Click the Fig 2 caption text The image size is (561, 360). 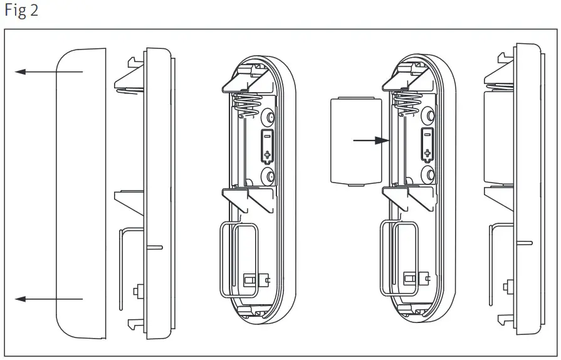point(21,11)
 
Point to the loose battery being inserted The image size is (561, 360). point(355,140)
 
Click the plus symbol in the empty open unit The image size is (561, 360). point(267,154)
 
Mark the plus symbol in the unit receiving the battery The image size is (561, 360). point(427,154)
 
